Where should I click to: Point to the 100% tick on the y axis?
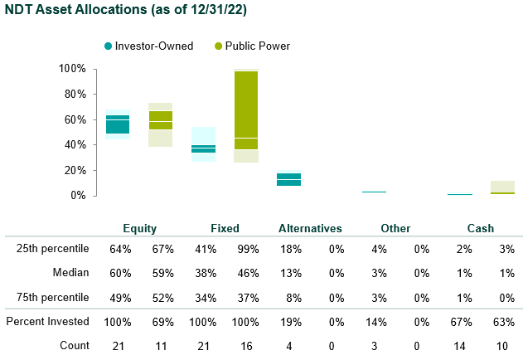point(72,69)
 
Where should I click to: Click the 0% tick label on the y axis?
point(77,195)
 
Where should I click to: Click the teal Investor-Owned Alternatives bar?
point(289,179)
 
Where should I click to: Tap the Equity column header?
point(139,228)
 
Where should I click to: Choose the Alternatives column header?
point(310,228)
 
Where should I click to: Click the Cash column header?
point(480,228)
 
